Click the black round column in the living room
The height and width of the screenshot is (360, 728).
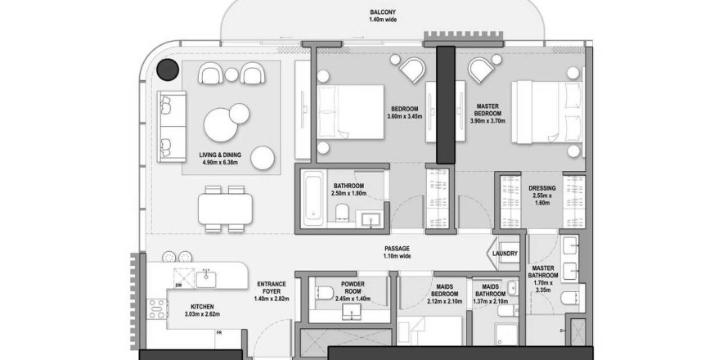[x=168, y=70]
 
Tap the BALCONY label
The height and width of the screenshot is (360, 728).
[x=383, y=12]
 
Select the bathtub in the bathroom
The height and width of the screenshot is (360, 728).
[x=312, y=200]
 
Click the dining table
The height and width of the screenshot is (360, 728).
[x=225, y=209]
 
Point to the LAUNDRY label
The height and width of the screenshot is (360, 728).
[x=505, y=254]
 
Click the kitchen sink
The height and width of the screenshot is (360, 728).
[x=205, y=279]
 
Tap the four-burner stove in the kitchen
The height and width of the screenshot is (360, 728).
[x=157, y=309]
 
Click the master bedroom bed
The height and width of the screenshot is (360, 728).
[x=546, y=112]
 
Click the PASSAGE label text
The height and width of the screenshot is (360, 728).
[x=397, y=249]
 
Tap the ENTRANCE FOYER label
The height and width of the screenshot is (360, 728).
[x=271, y=287]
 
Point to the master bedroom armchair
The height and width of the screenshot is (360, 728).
[x=481, y=70]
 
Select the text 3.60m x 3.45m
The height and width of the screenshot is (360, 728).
[x=405, y=117]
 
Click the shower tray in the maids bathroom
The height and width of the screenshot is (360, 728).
[x=506, y=335]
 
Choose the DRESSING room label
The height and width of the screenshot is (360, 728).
[x=542, y=189]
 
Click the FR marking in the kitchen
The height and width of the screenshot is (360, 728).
[x=218, y=333]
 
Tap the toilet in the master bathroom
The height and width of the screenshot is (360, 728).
[x=569, y=297]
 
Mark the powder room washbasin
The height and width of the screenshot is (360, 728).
[x=353, y=313]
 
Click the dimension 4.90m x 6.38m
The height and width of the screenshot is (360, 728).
[x=218, y=163]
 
